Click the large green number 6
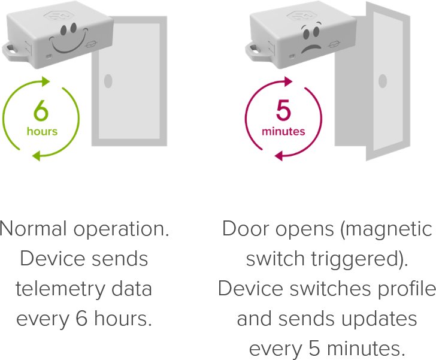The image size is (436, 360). (41, 111)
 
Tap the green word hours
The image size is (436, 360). (41, 131)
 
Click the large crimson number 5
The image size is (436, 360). (283, 111)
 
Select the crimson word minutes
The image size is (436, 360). (283, 131)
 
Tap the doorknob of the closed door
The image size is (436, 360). (108, 81)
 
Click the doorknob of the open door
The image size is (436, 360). (382, 81)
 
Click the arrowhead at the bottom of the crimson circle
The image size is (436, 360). (279, 156)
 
